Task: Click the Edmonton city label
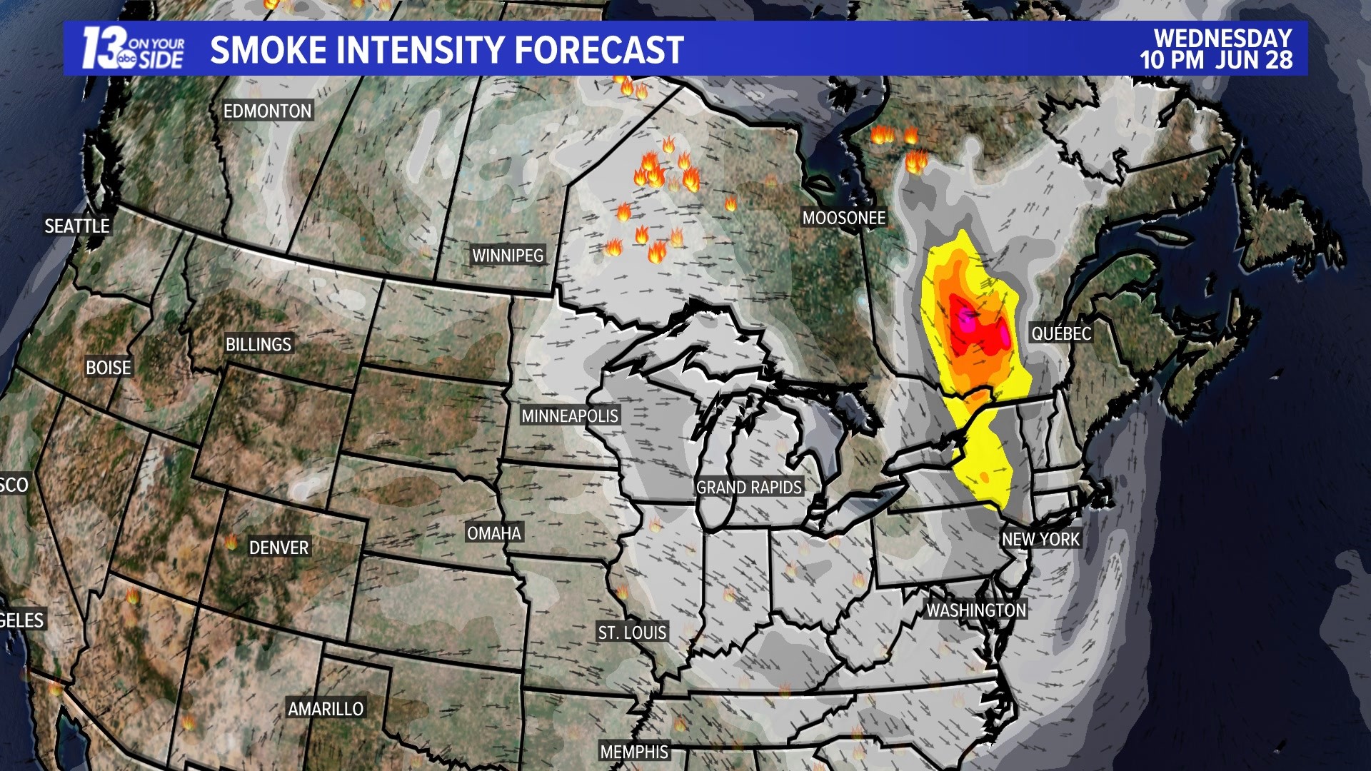[x=267, y=111]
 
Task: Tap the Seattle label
[x=77, y=226]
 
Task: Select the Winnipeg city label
[x=508, y=256]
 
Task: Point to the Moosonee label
[x=843, y=218]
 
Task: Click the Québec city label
[x=1061, y=333]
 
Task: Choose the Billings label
[x=258, y=345]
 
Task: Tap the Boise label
[x=109, y=368]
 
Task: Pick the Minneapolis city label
[x=570, y=416]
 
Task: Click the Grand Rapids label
[x=749, y=488]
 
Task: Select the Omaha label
[x=494, y=533]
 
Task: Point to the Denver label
[x=278, y=548]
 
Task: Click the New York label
[x=1040, y=540]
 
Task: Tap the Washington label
[x=976, y=610]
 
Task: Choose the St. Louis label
[x=632, y=633]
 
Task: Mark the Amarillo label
[x=326, y=709]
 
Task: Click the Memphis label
[x=634, y=752]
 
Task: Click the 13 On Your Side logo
[x=133, y=49]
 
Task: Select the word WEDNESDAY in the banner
[x=1222, y=38]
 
